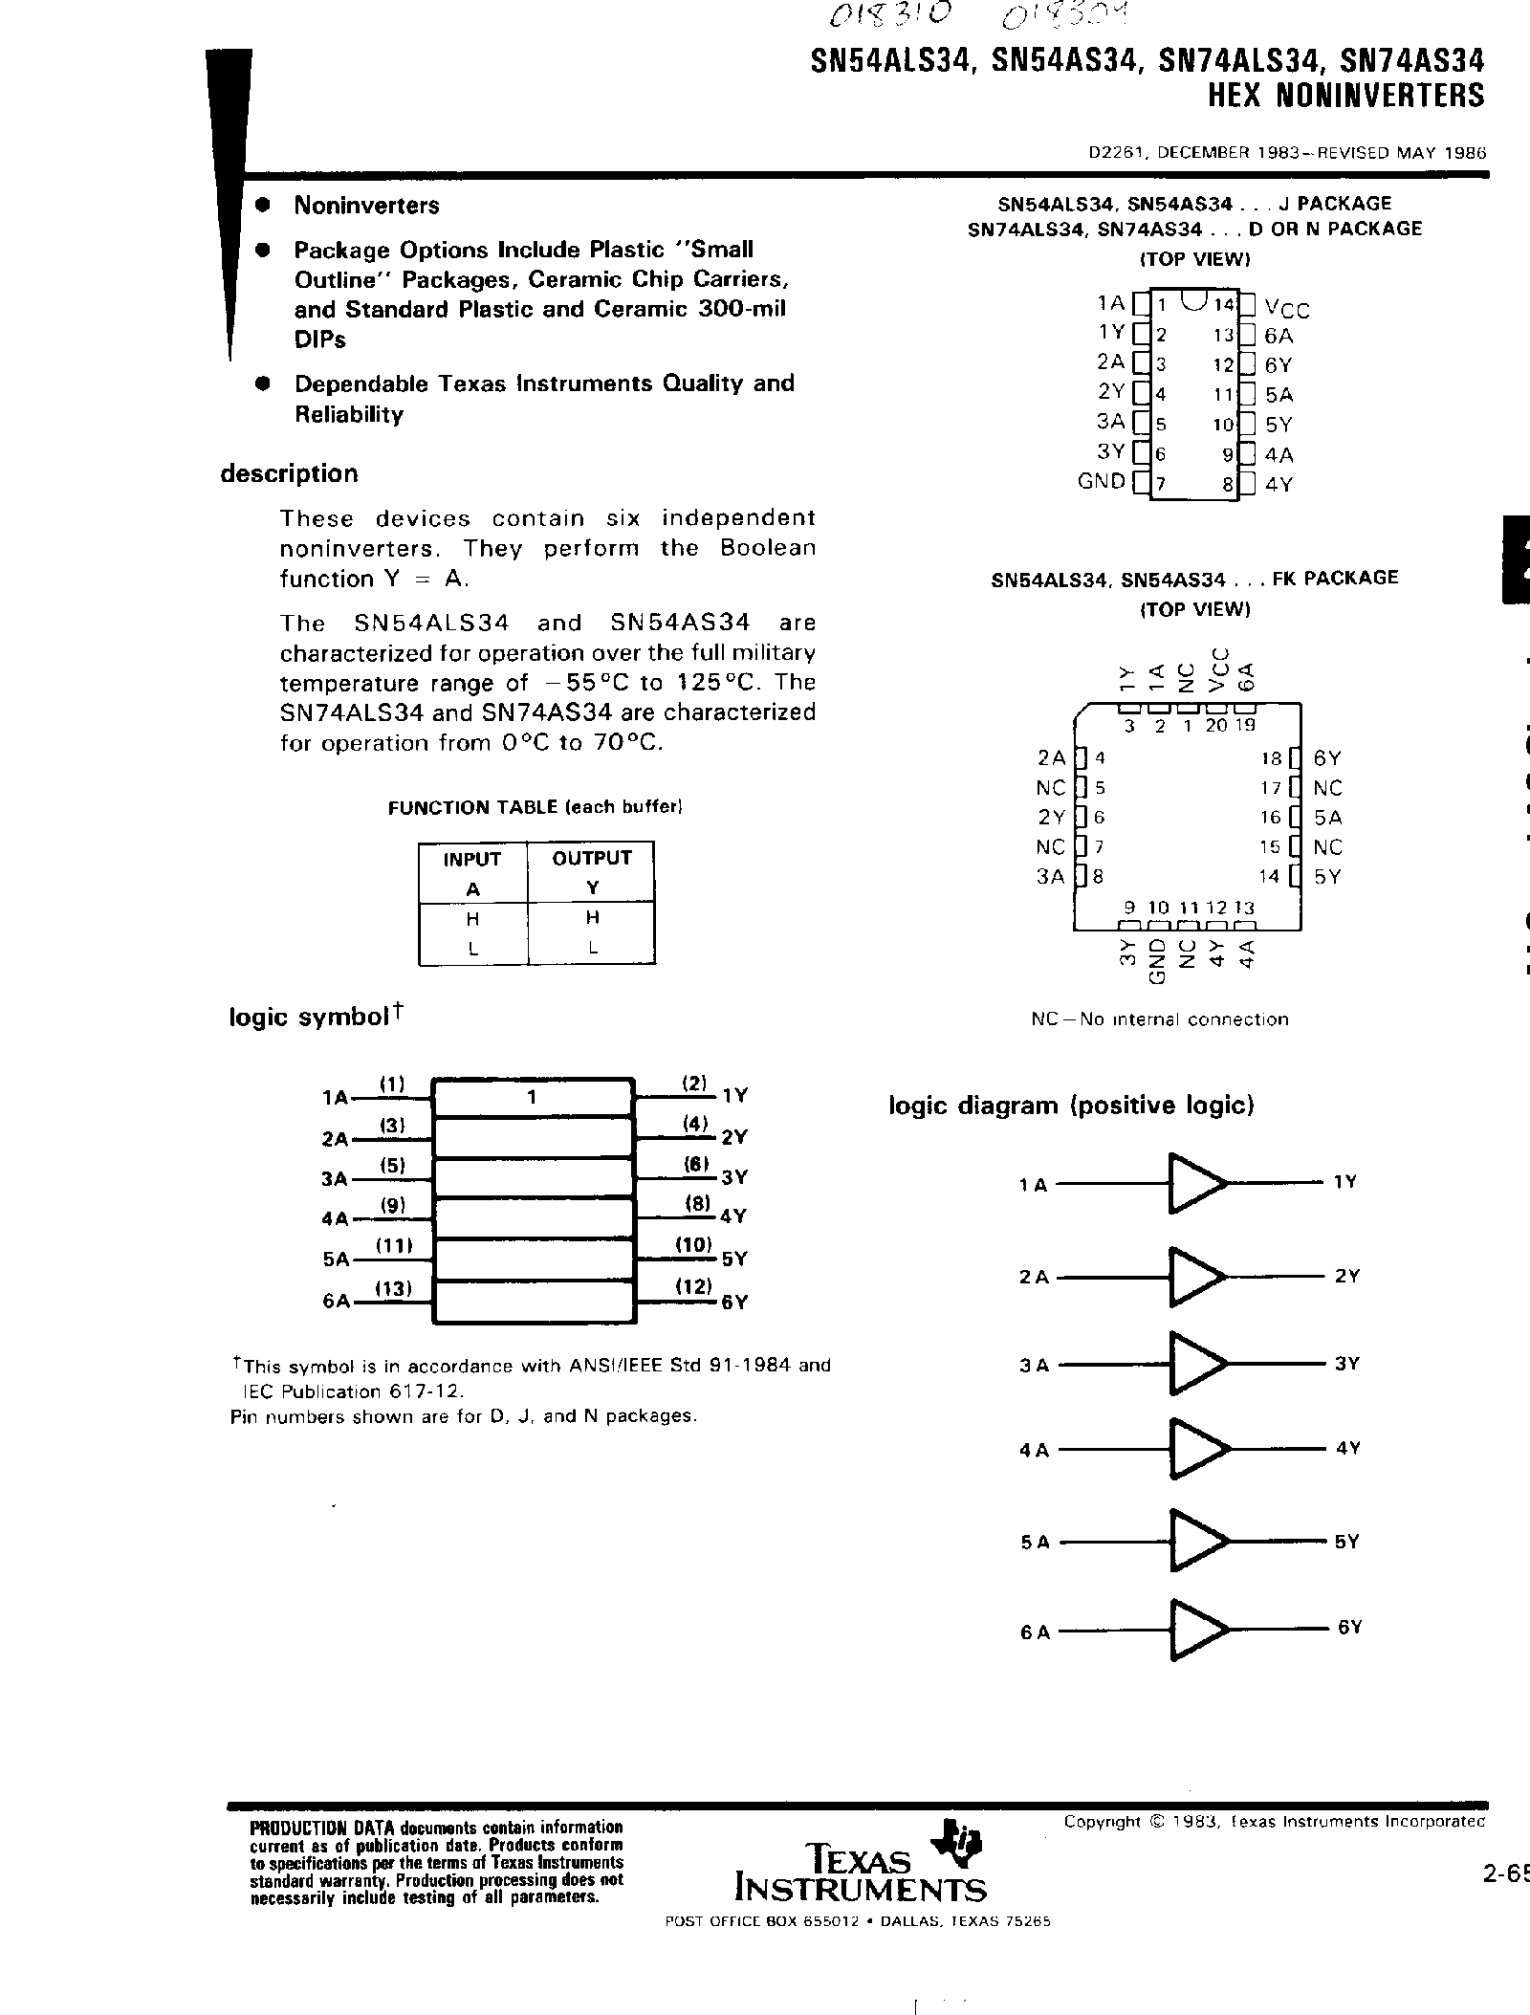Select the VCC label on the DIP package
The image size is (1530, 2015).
pos(1286,308)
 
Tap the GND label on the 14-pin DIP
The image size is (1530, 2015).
pos(1101,481)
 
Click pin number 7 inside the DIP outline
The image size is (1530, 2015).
pos(1160,484)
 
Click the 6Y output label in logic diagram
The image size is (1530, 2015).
pos(1348,1627)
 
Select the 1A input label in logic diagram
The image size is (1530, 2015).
pos(1034,1186)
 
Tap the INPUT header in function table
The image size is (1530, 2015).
pos(471,859)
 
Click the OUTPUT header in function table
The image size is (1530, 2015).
pos(592,858)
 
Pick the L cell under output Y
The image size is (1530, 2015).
pos(593,949)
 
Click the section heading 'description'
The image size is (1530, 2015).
pos(289,473)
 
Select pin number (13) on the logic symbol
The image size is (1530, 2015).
pos(392,1288)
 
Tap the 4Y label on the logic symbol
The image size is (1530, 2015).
pos(733,1217)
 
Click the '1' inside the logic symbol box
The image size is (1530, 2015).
pos(531,1098)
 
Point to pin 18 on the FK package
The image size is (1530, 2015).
pos(1271,758)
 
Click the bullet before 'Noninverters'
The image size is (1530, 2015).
pos(262,206)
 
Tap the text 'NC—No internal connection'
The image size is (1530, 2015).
pos(1159,1019)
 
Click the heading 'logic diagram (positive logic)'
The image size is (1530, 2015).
pos(1071,1106)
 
